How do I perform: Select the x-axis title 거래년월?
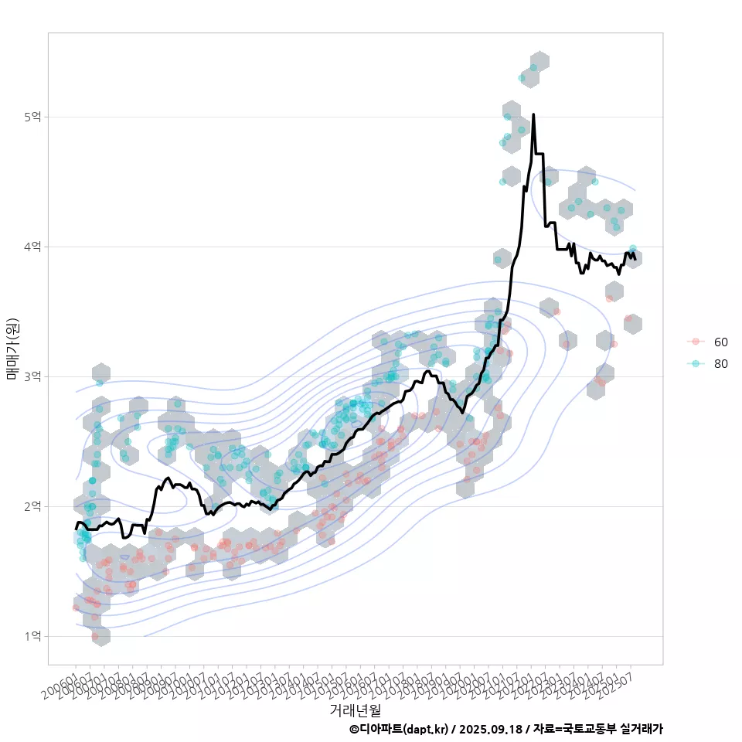[x=355, y=710]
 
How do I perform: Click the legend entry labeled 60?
[x=720, y=342]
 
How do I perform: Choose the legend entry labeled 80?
[x=720, y=364]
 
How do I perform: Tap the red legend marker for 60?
[x=696, y=342]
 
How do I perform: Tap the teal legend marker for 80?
[x=696, y=364]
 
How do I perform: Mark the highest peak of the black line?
[x=533, y=114]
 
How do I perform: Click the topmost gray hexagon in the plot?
[x=539, y=61]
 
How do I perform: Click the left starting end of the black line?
[x=76, y=529]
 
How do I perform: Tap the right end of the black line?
[x=635, y=259]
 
